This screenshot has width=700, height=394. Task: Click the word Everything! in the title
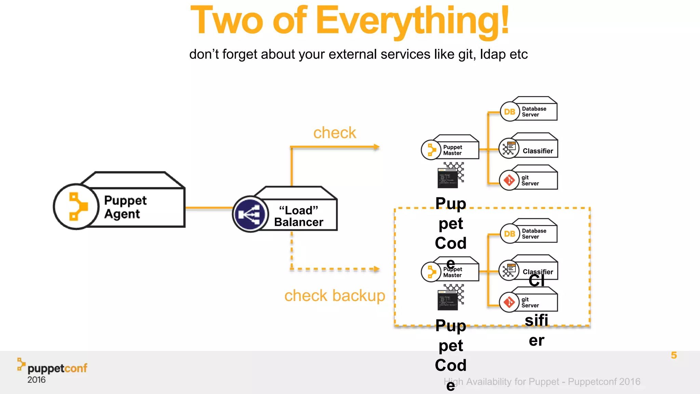412,21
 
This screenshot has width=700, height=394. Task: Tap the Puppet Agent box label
125,207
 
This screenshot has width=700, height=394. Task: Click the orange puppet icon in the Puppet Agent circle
78,207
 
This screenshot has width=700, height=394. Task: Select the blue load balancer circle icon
250,214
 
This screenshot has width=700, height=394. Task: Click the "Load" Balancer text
298,216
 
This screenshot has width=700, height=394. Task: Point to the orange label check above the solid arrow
334,133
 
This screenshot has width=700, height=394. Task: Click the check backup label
334,295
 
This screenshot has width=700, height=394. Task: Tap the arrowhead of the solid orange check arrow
377,147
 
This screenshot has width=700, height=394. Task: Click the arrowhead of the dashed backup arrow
377,269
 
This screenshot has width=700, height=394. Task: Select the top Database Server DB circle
510,111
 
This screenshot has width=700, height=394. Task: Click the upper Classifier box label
538,151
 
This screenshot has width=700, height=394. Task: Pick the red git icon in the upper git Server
509,180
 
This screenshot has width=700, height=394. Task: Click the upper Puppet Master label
452,150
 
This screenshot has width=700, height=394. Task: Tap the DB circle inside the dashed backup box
510,234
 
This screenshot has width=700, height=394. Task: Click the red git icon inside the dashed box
509,302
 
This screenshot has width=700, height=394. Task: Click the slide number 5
674,355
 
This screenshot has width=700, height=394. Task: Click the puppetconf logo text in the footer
57,368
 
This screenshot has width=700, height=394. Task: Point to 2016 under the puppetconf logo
36,380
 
